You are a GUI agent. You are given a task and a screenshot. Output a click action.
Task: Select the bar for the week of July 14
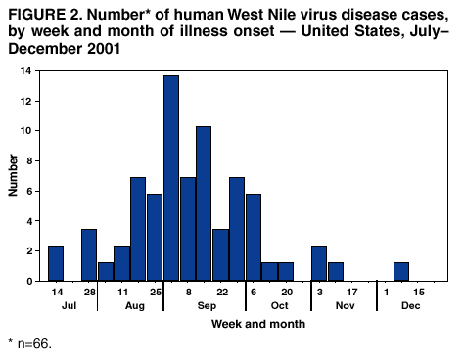point(56,263)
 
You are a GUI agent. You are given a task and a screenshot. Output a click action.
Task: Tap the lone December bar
point(400,272)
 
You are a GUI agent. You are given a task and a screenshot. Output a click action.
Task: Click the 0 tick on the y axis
point(33,281)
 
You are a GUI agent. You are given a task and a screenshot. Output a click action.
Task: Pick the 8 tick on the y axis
point(33,161)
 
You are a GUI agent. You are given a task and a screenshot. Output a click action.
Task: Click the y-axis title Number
point(15,176)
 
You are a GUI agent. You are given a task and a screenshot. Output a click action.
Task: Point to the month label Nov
point(344,306)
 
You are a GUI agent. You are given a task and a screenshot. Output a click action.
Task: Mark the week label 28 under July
point(89,292)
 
